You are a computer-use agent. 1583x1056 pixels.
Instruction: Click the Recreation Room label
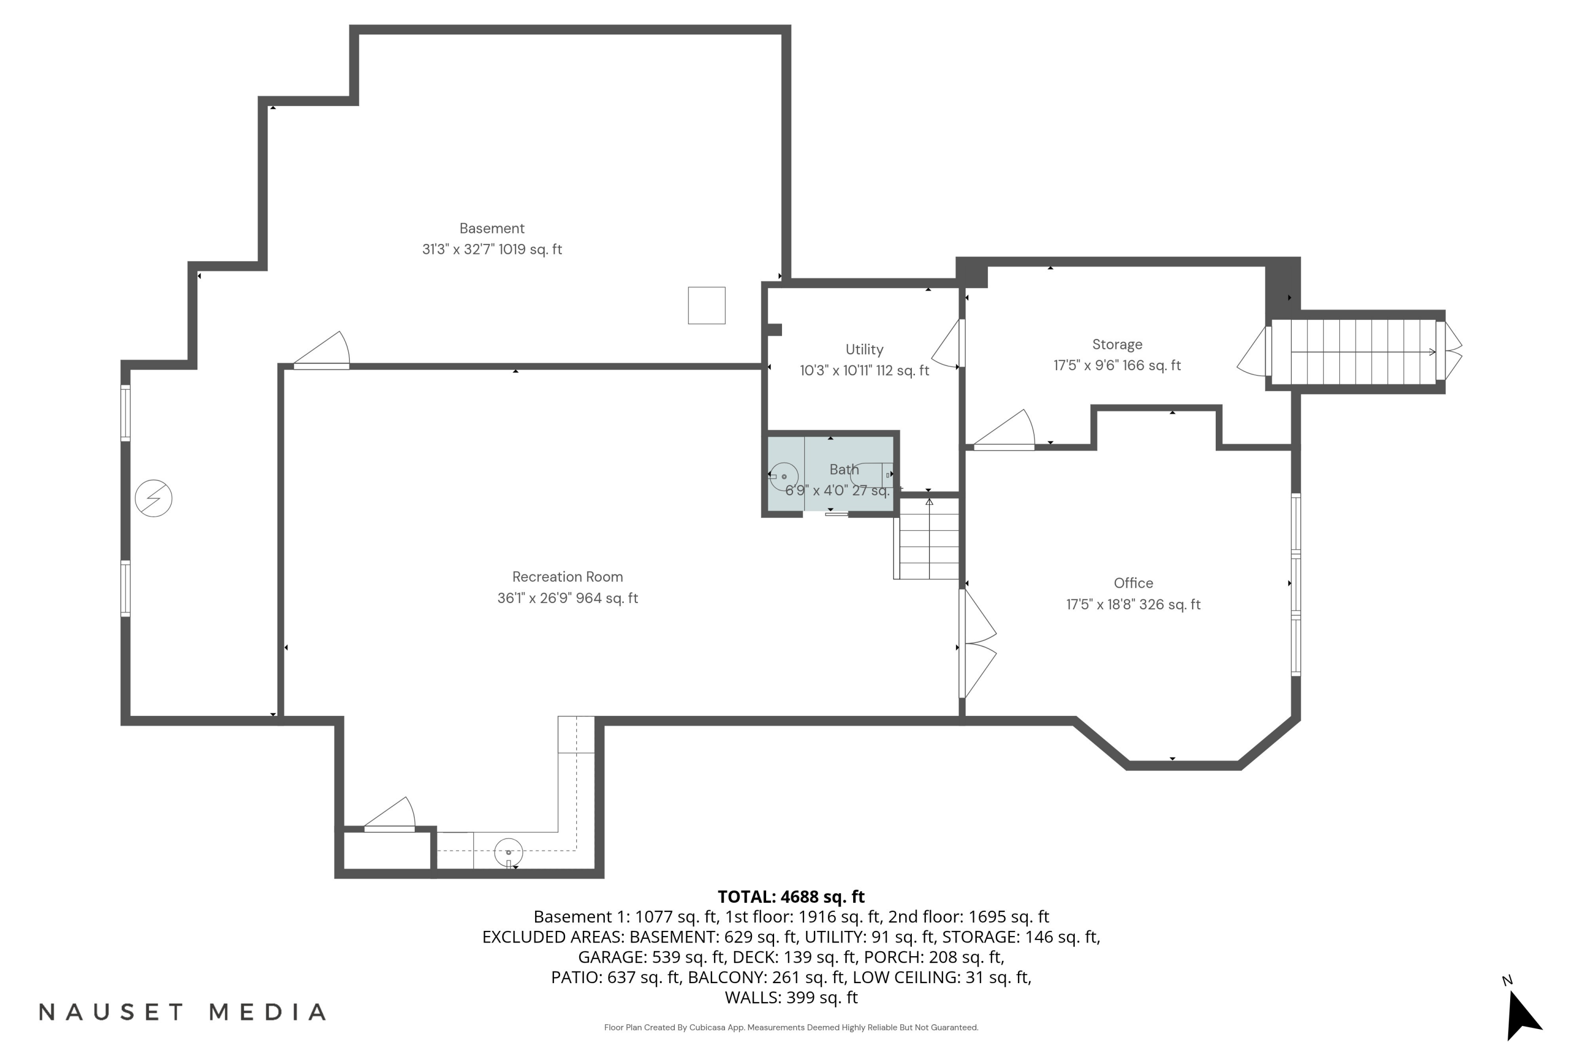click(567, 577)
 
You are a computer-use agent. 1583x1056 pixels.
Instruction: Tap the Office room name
click(1133, 583)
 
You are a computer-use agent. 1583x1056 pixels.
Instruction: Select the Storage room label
click(1117, 345)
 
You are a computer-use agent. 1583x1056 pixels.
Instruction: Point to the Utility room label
click(864, 350)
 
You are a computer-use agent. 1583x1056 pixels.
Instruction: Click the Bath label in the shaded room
click(844, 469)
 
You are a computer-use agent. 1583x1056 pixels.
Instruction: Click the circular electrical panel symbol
click(154, 498)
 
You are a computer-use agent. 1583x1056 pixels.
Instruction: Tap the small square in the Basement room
click(707, 306)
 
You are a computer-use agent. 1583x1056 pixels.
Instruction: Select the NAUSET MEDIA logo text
click(183, 1012)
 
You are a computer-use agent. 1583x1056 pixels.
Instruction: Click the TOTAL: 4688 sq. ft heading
click(791, 897)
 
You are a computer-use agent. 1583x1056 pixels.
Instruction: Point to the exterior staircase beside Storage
click(1354, 352)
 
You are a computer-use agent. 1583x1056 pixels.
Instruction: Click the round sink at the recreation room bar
click(508, 853)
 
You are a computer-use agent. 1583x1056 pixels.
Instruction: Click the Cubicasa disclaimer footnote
click(791, 1027)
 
